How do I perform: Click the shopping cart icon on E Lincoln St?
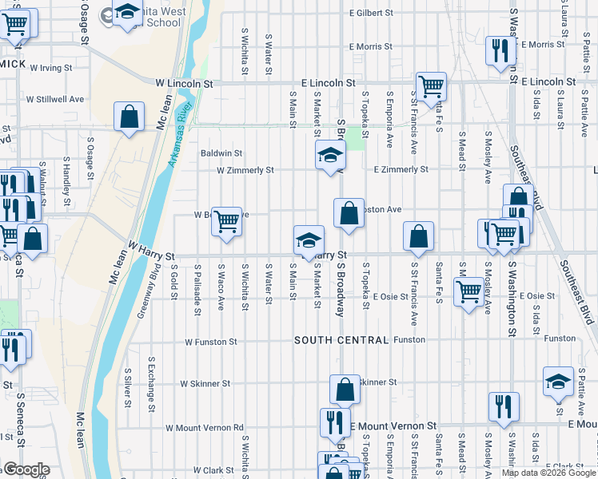(x=431, y=86)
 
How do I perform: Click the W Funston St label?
(x=211, y=342)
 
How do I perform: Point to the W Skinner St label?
(x=205, y=383)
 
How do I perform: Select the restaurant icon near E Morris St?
(x=499, y=51)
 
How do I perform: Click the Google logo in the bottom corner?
(x=26, y=469)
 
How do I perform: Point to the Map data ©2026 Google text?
(x=548, y=473)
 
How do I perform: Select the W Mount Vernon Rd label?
(x=204, y=428)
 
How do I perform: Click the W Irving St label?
(x=51, y=69)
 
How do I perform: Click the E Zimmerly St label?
(x=401, y=170)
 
